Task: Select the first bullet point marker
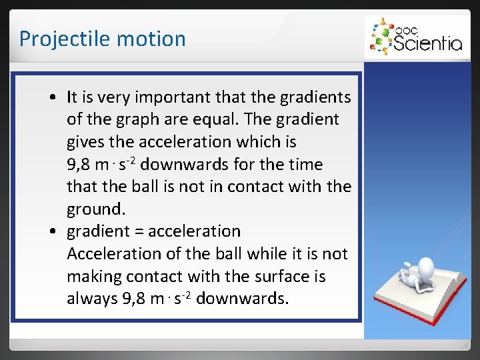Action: (x=52, y=98)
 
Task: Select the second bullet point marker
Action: (x=52, y=232)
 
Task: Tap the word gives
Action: (x=85, y=142)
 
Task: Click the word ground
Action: (x=95, y=209)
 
